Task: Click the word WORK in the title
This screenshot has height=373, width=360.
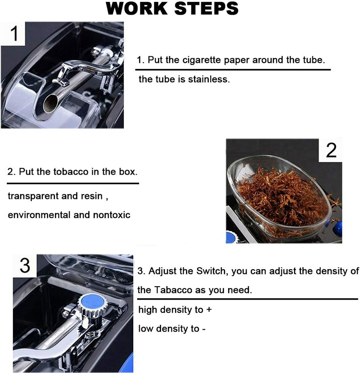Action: click(137, 9)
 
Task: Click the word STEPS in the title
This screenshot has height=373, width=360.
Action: click(207, 9)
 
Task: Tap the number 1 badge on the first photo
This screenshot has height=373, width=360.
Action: click(13, 34)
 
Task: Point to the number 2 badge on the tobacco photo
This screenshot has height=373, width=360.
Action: click(331, 150)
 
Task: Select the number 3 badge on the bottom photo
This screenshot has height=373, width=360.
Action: click(25, 265)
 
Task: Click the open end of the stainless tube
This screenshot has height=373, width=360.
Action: click(50, 103)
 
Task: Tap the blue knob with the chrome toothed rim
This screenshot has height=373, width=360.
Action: click(92, 305)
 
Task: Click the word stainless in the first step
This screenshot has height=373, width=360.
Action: click(209, 79)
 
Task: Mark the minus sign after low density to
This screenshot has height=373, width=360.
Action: click(204, 329)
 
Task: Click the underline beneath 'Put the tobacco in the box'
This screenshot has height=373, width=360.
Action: click(73, 184)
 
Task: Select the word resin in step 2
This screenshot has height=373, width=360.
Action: click(92, 196)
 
